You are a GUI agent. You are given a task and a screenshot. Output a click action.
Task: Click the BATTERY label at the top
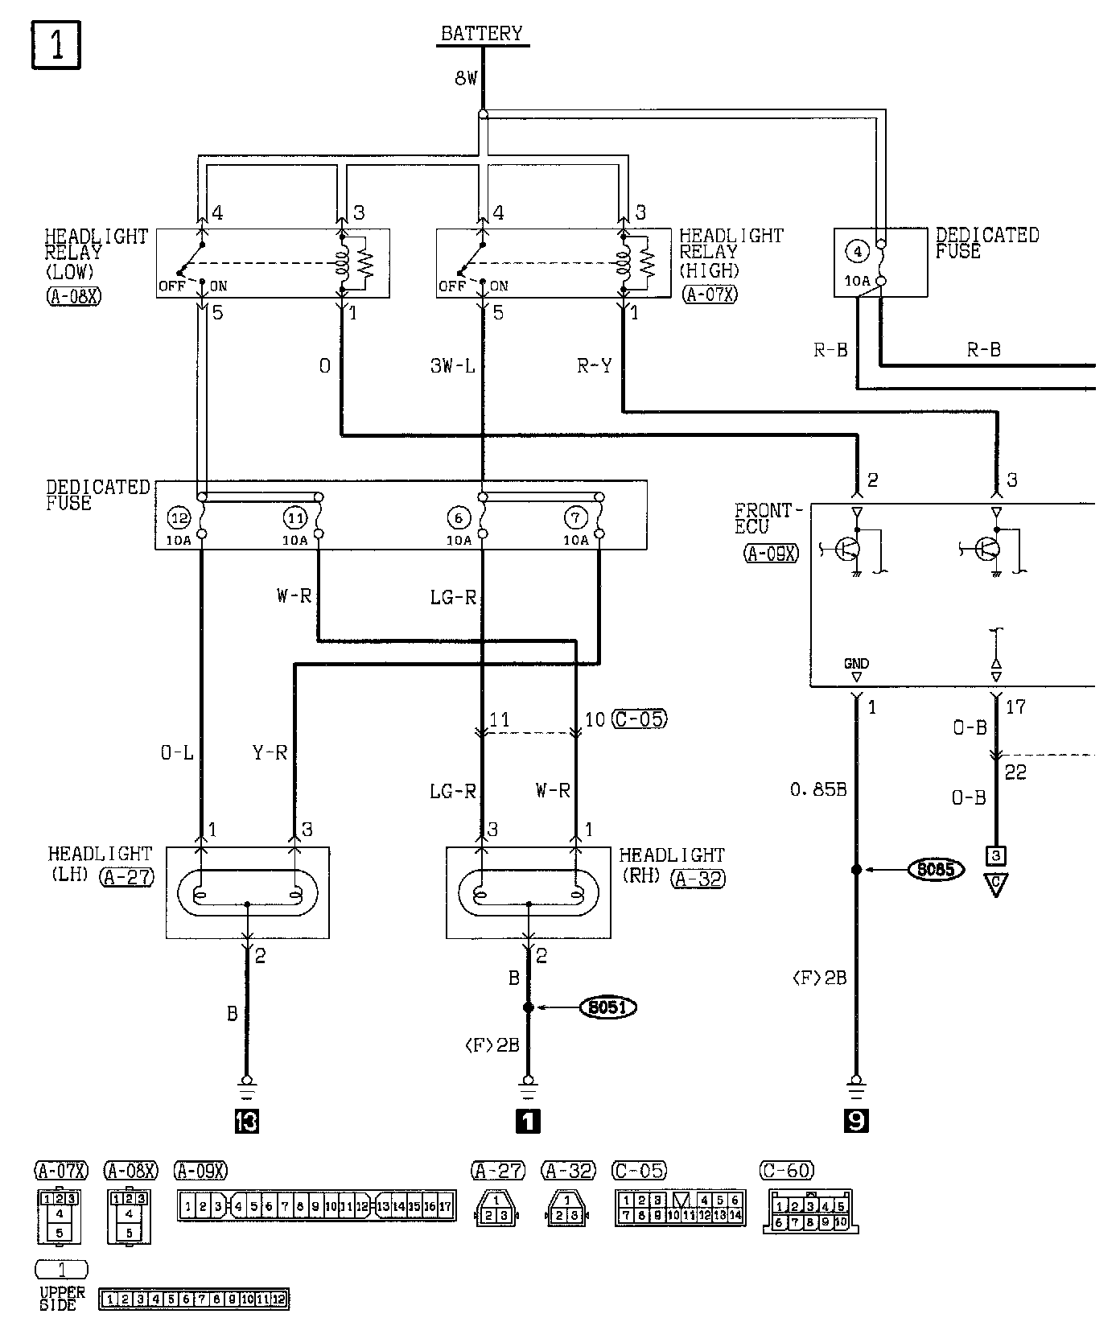point(482,34)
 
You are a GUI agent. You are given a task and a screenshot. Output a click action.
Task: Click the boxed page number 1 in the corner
point(56,46)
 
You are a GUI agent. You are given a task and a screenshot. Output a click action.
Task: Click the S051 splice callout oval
point(608,1007)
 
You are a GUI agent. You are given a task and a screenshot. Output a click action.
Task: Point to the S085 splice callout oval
point(936,870)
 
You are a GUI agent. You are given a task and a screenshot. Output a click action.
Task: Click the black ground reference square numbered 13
point(246,1121)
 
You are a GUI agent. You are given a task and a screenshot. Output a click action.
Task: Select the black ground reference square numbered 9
point(856,1121)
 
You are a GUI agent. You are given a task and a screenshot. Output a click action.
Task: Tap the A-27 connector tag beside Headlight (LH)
point(127,876)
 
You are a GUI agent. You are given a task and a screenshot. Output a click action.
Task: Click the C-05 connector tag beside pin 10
point(640,719)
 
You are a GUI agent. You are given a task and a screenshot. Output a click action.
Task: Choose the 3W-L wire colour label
point(453,366)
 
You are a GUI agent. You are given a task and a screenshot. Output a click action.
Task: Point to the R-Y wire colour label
point(594,366)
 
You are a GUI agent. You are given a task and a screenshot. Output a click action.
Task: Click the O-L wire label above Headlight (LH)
point(177,754)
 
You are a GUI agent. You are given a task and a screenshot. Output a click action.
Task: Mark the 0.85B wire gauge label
point(817,790)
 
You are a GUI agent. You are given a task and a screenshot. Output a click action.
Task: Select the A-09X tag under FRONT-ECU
point(772,554)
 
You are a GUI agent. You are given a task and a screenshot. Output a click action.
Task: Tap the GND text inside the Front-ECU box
point(856,664)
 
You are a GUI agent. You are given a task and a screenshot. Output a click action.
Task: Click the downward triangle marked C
point(996,886)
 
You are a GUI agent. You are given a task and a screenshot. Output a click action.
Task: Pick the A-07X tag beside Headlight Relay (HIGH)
point(709,294)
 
